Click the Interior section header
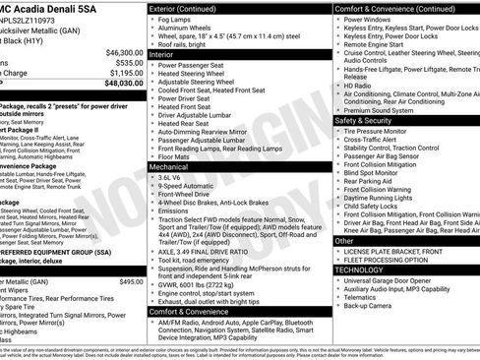pyautogui.click(x=162, y=55)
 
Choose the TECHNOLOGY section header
pyautogui.click(x=359, y=269)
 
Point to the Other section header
pyautogui.click(x=345, y=240)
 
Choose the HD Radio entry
pyautogui.click(x=364, y=85)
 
